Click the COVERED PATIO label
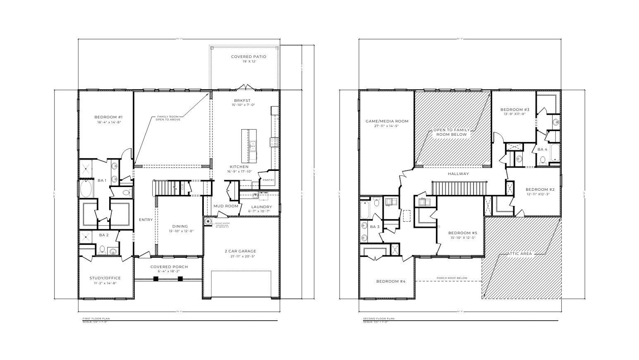[x=248, y=57]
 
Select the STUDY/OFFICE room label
[x=105, y=278]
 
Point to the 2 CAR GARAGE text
[x=240, y=251]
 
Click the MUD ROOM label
[x=226, y=206]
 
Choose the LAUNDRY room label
[x=261, y=206]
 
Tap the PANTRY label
[x=268, y=180]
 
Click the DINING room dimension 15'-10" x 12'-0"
[x=180, y=231]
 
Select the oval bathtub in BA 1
[x=87, y=189]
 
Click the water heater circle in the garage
[x=208, y=221]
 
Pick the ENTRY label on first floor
[x=146, y=220]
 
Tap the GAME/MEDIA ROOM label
[x=387, y=121]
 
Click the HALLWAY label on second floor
[x=458, y=174]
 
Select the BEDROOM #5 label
[x=462, y=233]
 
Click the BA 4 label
[x=542, y=149]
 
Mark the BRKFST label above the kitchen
[x=242, y=101]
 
